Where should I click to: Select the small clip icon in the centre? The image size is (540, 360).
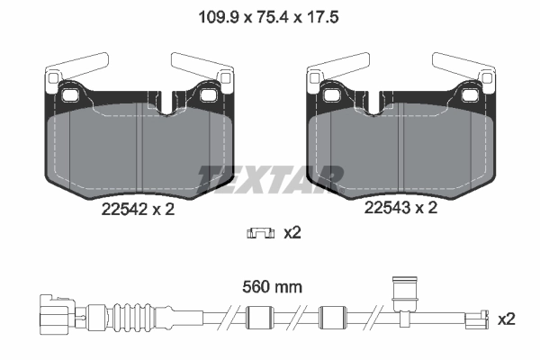coord(260,234)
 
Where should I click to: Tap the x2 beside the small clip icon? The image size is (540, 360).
coord(292,234)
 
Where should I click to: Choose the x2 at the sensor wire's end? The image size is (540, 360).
coord(507,319)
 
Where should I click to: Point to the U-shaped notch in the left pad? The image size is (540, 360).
coord(169,102)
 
